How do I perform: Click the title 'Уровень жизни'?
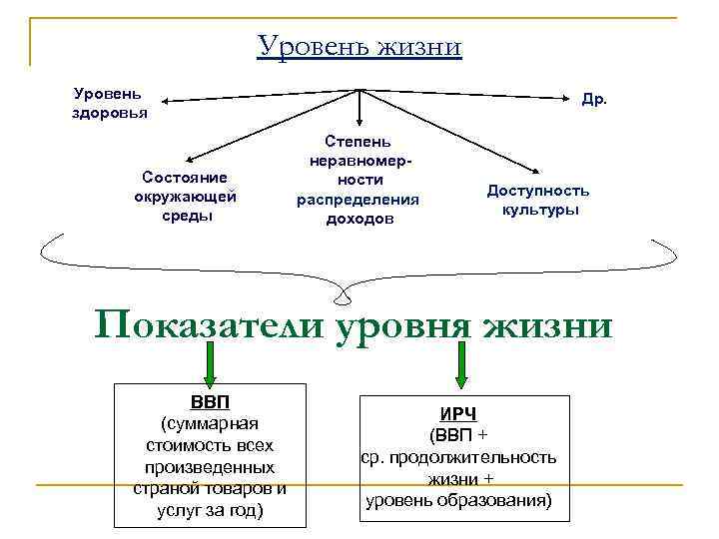click(x=359, y=47)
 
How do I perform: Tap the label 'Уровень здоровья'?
click(x=109, y=102)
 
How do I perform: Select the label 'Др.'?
click(x=594, y=100)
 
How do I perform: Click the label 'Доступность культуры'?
click(x=539, y=200)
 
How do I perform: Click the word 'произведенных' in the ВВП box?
click(x=209, y=466)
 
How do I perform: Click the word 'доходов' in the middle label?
click(x=359, y=217)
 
